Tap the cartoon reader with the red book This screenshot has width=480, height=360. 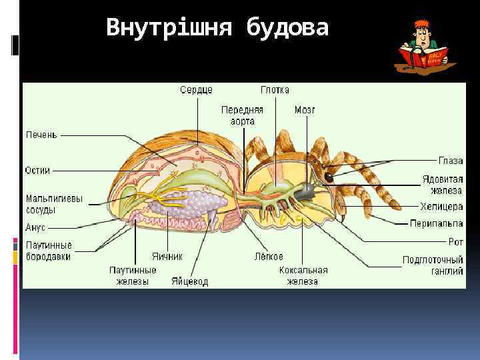click(427, 47)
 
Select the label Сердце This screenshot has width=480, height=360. click(197, 90)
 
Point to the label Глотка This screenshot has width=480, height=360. click(275, 90)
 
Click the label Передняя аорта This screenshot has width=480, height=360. click(243, 115)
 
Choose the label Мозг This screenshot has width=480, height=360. click(305, 109)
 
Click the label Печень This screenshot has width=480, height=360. click(41, 135)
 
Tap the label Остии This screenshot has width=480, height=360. click(38, 170)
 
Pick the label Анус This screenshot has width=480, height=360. click(35, 227)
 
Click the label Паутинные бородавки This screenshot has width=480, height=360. click(49, 251)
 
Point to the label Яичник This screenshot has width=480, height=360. click(167, 256)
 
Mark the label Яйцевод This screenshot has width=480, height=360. click(189, 281)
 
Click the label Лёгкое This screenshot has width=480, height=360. click(269, 256)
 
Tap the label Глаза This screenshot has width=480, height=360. click(451, 161)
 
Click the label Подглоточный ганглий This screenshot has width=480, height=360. click(433, 265)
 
